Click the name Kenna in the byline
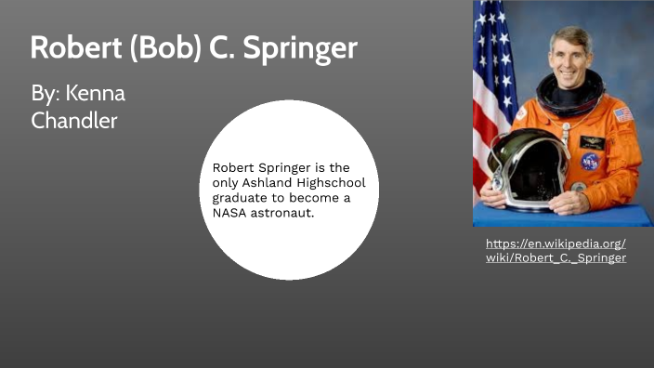(x=95, y=95)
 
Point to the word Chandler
(x=74, y=121)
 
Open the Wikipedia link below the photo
(x=556, y=250)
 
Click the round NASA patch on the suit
(x=590, y=161)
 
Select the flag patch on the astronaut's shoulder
(x=622, y=114)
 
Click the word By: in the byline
(x=46, y=95)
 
